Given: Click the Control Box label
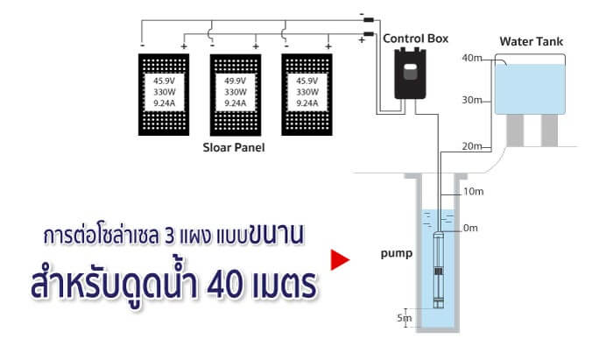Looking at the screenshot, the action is click(416, 39).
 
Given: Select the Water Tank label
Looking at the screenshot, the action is click(532, 41).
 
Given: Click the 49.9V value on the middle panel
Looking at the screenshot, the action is click(235, 81).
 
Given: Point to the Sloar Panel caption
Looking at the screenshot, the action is click(234, 147).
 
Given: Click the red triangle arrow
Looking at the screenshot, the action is click(340, 259).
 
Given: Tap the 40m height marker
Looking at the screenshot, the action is click(472, 58).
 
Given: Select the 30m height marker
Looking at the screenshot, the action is click(472, 100).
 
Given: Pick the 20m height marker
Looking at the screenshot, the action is click(472, 146).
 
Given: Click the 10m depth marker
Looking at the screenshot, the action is click(474, 192).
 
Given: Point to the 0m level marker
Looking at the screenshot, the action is click(471, 228).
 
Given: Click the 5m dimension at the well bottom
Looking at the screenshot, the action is click(405, 318).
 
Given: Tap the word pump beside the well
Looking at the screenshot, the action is click(397, 254).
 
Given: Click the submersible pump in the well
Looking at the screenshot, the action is click(439, 270).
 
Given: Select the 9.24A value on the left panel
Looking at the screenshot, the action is click(165, 103).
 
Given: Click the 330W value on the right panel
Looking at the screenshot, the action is click(306, 92).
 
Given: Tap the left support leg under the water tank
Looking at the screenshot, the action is click(515, 131).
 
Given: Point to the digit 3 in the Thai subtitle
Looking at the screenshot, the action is click(170, 236).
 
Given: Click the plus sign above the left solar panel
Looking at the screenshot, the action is click(184, 46).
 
